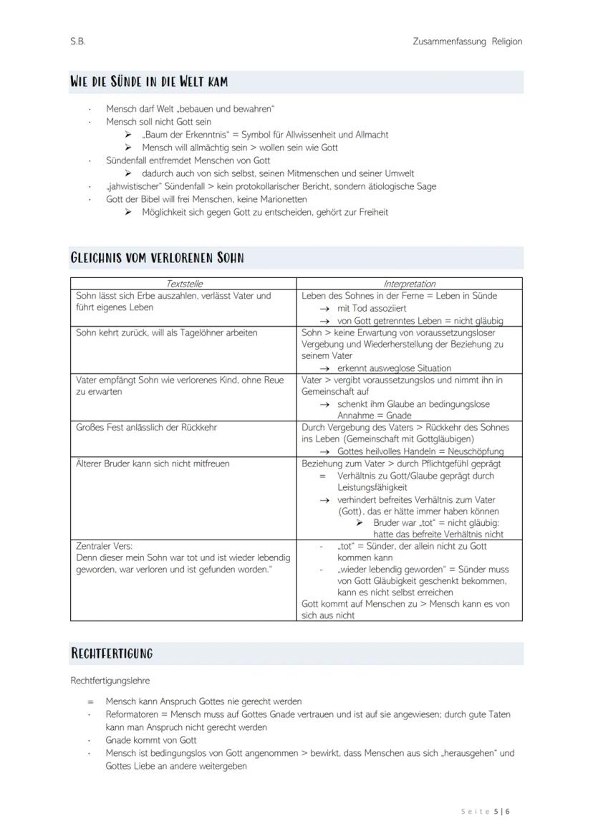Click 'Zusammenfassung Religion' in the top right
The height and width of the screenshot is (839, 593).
pos(467,42)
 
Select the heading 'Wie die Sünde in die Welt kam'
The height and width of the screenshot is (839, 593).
pos(149,82)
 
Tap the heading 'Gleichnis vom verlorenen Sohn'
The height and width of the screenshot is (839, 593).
pos(157,258)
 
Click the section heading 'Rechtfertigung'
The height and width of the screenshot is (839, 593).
pos(111,653)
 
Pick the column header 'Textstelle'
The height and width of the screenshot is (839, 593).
pos(183,284)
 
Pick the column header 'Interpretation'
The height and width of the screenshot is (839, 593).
pos(409,284)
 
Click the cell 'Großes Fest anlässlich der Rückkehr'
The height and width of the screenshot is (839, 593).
pos(146,427)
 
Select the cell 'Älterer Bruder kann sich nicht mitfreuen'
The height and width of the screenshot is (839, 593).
pos(153,464)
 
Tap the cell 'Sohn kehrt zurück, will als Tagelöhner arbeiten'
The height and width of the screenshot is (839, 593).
pos(167,332)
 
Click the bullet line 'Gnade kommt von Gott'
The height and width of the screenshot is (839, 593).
pos(151,740)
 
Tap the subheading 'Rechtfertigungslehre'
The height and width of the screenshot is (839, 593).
pos(110,681)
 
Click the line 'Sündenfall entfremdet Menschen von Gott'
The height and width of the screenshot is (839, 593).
pos(188,160)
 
